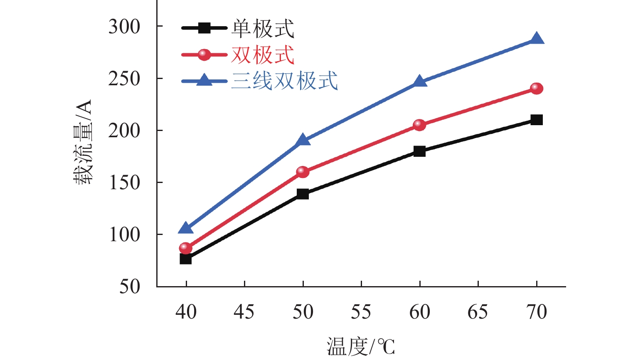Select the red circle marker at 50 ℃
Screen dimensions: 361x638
click(x=303, y=172)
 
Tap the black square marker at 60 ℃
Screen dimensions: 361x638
click(x=420, y=151)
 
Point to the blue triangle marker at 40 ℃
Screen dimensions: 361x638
click(x=186, y=228)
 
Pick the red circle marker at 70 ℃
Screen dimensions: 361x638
click(x=537, y=89)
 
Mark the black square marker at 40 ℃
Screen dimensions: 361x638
click(x=186, y=259)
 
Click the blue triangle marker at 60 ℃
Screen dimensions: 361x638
click(x=420, y=81)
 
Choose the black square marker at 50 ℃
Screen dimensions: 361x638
click(x=303, y=194)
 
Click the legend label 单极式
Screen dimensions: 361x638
click(x=263, y=29)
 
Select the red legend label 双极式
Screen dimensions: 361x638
click(x=263, y=55)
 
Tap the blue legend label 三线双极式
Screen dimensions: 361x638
click(x=285, y=81)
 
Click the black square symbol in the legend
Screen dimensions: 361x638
click(x=204, y=28)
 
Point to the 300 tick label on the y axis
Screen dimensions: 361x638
click(x=124, y=27)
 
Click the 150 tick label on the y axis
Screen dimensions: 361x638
click(x=124, y=183)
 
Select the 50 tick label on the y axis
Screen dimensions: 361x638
click(x=130, y=287)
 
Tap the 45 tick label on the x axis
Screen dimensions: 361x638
click(x=244, y=312)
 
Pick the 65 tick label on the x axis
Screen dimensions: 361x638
click(x=478, y=312)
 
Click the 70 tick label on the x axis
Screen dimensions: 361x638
click(x=537, y=312)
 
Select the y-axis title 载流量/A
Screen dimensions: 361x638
click(x=83, y=142)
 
